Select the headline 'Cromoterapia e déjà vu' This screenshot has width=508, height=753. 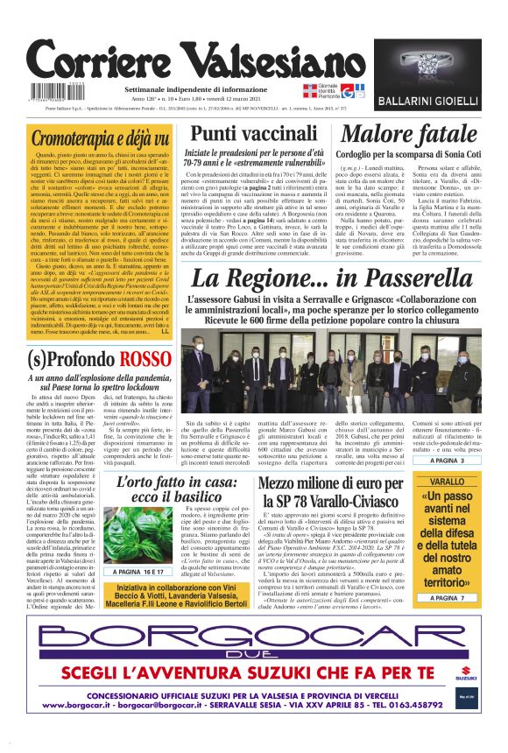[x=99, y=138]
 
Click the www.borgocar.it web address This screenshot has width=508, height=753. [x=83, y=704]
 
